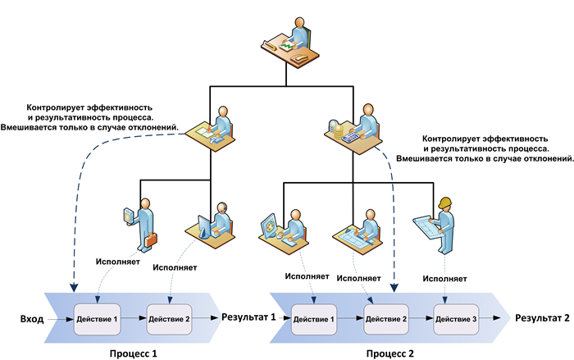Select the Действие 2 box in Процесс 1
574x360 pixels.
point(170,317)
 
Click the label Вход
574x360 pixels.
point(30,317)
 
